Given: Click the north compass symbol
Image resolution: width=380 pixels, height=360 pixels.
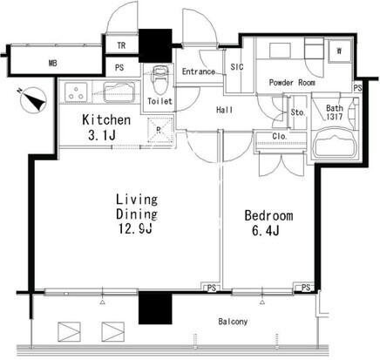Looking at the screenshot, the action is click(x=34, y=100).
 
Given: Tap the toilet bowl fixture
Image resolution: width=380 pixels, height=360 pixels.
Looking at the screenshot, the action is click(x=159, y=76).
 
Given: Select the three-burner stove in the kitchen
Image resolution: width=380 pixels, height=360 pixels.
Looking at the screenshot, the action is click(x=76, y=92).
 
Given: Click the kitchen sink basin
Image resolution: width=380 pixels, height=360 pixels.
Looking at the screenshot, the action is click(x=119, y=92).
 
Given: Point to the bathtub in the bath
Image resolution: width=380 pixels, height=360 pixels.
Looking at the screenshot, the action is click(x=336, y=145).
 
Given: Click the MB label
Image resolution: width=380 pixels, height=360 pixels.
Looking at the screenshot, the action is click(x=53, y=63).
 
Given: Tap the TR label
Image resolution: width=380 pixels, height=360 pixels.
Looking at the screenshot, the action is click(x=121, y=45).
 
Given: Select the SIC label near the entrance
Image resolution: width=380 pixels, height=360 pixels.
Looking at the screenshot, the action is click(x=237, y=67).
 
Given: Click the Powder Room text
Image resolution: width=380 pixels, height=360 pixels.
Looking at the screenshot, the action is click(x=292, y=83).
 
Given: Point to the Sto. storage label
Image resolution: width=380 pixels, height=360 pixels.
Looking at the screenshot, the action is click(x=297, y=112).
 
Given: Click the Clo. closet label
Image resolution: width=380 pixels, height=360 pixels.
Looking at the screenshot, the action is click(x=280, y=136).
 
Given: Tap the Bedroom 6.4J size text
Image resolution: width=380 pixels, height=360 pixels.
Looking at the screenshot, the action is click(x=266, y=231).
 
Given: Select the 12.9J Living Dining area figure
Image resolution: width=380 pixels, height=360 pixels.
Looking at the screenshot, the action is click(x=135, y=229).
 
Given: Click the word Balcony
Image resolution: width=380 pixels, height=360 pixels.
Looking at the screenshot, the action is click(x=233, y=322).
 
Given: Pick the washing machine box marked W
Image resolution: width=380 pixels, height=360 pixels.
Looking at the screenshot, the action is click(x=339, y=51).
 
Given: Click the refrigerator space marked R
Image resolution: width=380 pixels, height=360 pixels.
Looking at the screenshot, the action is click(x=159, y=130).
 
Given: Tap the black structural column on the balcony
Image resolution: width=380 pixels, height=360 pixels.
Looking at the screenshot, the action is click(x=155, y=308).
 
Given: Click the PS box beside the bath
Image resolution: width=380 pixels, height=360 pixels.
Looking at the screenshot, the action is click(x=358, y=88).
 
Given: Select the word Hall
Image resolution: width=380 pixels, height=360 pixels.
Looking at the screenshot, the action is click(x=224, y=110).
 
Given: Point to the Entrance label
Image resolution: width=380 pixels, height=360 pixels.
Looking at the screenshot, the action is click(x=199, y=71).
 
